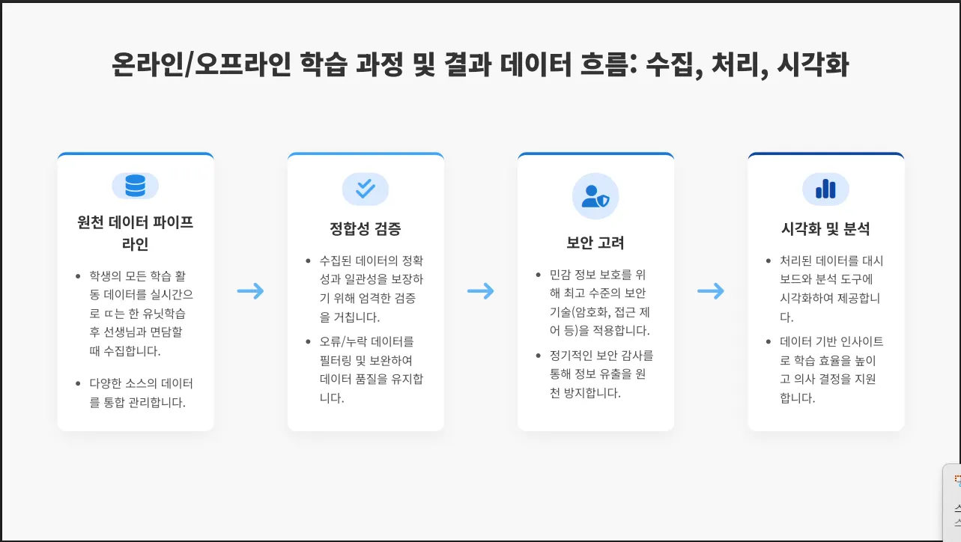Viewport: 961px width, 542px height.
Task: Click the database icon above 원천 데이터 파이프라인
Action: click(x=136, y=186)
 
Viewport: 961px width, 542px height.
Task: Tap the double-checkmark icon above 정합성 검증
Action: click(x=366, y=188)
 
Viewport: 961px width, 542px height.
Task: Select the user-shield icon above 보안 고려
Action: click(x=595, y=196)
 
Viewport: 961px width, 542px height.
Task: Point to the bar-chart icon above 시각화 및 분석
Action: click(x=825, y=189)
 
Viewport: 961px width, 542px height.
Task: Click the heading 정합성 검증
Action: click(x=366, y=229)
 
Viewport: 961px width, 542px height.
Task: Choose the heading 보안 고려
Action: click(x=595, y=243)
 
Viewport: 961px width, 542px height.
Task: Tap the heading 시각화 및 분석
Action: click(x=825, y=229)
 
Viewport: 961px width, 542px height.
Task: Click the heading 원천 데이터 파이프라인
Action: click(x=136, y=233)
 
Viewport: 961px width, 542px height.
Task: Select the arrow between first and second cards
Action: click(x=251, y=291)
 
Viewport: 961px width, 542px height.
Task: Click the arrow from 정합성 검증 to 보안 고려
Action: click(x=481, y=291)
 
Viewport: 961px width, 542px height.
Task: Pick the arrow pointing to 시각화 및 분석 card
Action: click(x=711, y=291)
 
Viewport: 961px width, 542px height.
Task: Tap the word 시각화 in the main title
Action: click(x=813, y=65)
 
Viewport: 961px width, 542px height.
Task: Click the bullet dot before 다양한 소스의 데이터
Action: click(x=79, y=383)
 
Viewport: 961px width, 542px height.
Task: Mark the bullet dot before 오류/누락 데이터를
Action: click(x=309, y=342)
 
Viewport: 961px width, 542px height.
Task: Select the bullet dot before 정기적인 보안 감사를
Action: click(x=539, y=356)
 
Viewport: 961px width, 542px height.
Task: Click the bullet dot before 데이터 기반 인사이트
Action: click(x=769, y=342)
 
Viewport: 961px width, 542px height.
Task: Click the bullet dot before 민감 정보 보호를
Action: click(x=539, y=275)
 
